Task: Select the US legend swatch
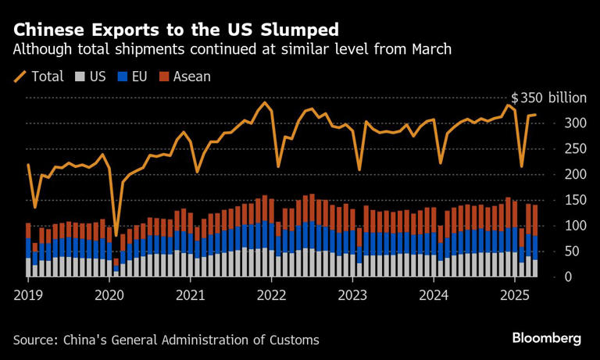(79, 77)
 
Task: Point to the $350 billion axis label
(548, 98)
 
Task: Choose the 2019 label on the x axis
(29, 296)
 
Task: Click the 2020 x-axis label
(109, 296)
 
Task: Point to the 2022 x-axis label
(271, 296)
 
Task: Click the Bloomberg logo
(546, 338)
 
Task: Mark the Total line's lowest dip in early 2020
(117, 234)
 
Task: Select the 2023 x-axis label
(352, 296)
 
